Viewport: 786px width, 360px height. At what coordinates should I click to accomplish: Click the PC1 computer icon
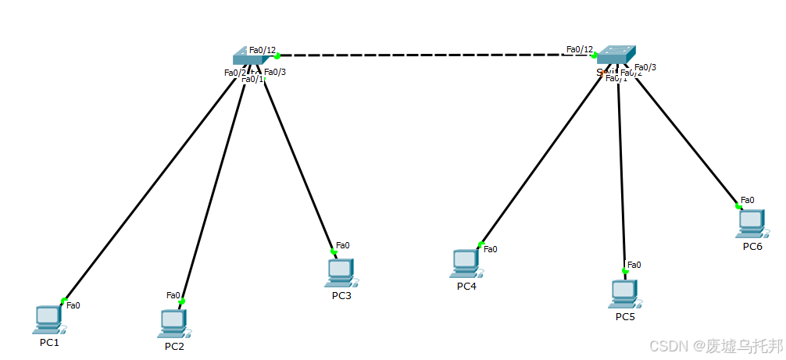[x=48, y=319]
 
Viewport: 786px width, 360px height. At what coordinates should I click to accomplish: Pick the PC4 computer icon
[x=466, y=263]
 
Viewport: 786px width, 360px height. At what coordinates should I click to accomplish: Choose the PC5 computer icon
[x=624, y=293]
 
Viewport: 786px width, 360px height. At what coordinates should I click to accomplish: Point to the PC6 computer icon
[x=751, y=223]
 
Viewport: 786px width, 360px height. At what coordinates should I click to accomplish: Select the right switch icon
[x=613, y=54]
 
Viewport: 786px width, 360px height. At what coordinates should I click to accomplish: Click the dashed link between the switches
[x=430, y=55]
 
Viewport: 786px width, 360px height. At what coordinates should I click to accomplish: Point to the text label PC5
[x=625, y=316]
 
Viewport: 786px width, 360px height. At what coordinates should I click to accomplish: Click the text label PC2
[x=174, y=346]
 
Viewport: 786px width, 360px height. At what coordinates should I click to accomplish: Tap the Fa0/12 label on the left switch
[x=263, y=50]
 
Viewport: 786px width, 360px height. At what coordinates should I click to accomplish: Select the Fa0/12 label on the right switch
[x=580, y=49]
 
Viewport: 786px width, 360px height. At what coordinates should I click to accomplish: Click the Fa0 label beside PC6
[x=747, y=200]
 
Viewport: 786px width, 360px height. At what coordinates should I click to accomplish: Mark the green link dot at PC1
[x=63, y=300]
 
